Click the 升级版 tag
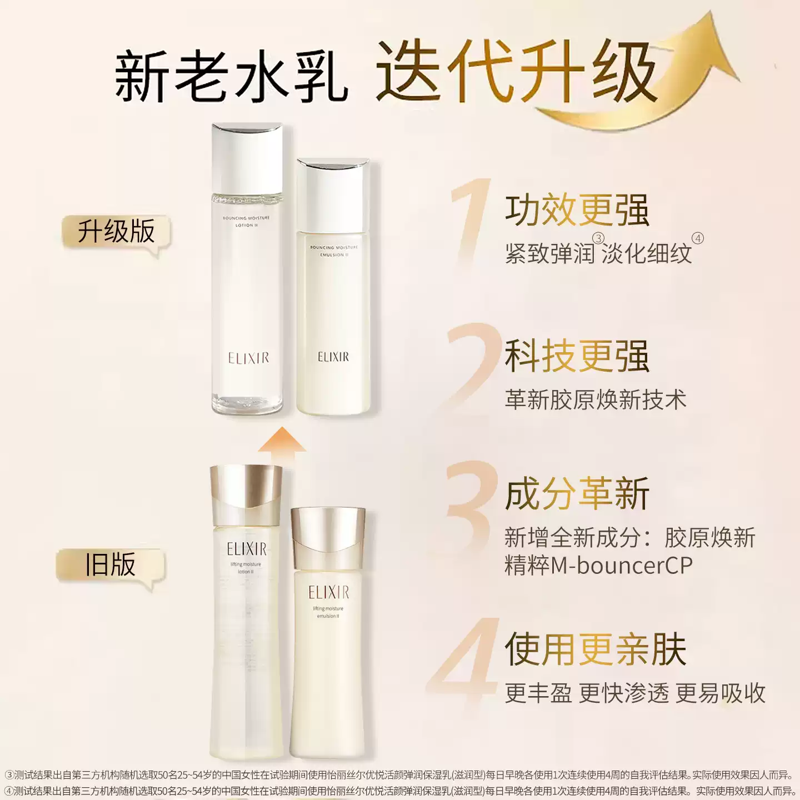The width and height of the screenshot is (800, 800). click(x=116, y=232)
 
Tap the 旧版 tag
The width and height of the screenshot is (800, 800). click(x=111, y=565)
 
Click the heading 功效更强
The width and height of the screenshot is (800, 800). click(x=577, y=211)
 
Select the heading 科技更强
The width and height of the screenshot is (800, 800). click(x=577, y=356)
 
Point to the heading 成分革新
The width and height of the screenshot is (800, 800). click(x=577, y=494)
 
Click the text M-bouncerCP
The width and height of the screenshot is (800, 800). click(x=622, y=566)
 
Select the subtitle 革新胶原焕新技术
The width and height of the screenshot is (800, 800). click(x=595, y=400)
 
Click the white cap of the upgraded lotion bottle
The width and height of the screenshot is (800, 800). click(x=247, y=158)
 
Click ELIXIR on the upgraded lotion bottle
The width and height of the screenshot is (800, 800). click(x=248, y=358)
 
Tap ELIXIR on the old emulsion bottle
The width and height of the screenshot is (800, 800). click(x=328, y=593)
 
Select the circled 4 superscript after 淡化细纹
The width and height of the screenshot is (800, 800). click(x=698, y=238)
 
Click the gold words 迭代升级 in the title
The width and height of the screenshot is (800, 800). click(x=517, y=73)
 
